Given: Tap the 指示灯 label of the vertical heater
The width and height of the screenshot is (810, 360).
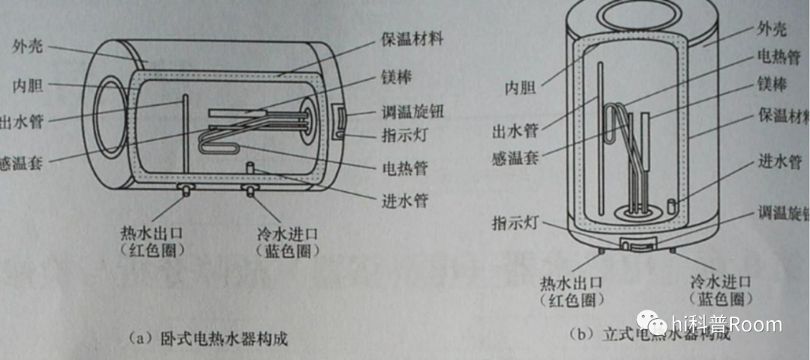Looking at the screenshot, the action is pyautogui.click(x=514, y=224).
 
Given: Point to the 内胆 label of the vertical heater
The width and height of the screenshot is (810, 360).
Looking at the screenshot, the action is pyautogui.click(x=518, y=88).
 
